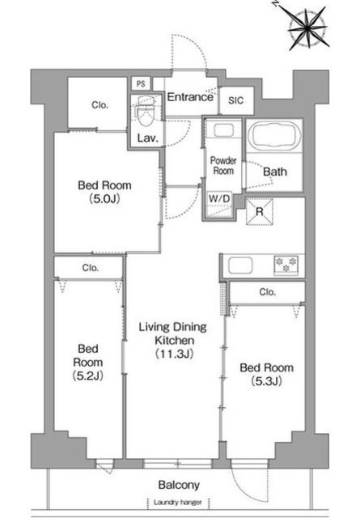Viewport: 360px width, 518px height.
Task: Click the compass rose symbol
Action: point(308,29)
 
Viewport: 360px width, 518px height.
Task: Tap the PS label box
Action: point(141,84)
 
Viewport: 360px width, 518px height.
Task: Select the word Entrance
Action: point(190,97)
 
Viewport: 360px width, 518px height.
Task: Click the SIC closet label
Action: point(235,100)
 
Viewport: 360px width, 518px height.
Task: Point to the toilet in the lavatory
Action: point(146,112)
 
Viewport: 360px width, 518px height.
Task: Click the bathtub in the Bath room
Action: point(274,136)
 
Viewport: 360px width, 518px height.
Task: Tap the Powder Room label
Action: point(223,166)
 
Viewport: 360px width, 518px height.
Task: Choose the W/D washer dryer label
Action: point(219,199)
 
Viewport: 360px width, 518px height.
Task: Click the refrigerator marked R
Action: point(260,212)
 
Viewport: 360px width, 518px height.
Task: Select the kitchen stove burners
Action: point(286,265)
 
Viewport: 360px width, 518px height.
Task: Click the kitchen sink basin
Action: point(241,265)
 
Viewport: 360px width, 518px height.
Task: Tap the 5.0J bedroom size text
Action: point(104,199)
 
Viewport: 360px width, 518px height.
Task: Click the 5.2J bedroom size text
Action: point(88,376)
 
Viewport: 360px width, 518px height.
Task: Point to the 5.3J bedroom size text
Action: point(266,381)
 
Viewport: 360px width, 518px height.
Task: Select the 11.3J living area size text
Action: point(174,354)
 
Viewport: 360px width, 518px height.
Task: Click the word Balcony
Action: point(179,485)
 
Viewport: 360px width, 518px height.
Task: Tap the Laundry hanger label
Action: point(178,503)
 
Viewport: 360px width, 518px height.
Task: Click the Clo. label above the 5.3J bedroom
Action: point(267,292)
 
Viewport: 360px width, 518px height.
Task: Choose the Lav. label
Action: point(147,138)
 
